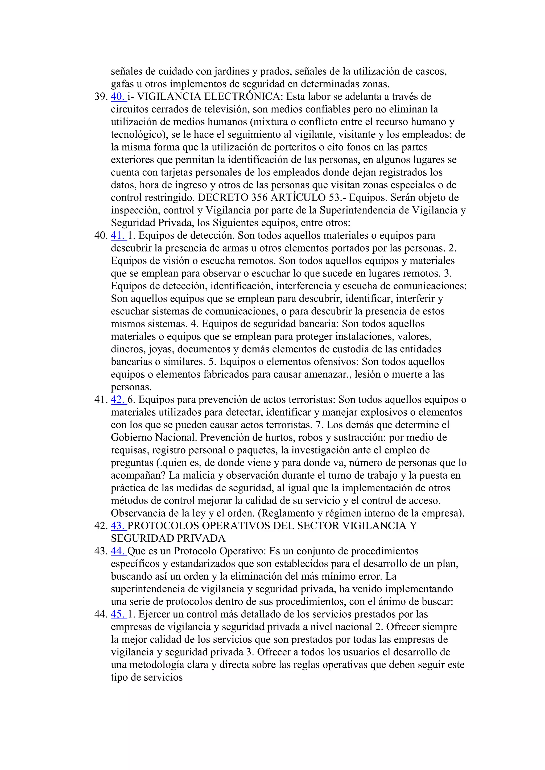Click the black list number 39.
pyautogui.click(x=100, y=97)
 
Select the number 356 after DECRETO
pyautogui.click(x=259, y=198)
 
